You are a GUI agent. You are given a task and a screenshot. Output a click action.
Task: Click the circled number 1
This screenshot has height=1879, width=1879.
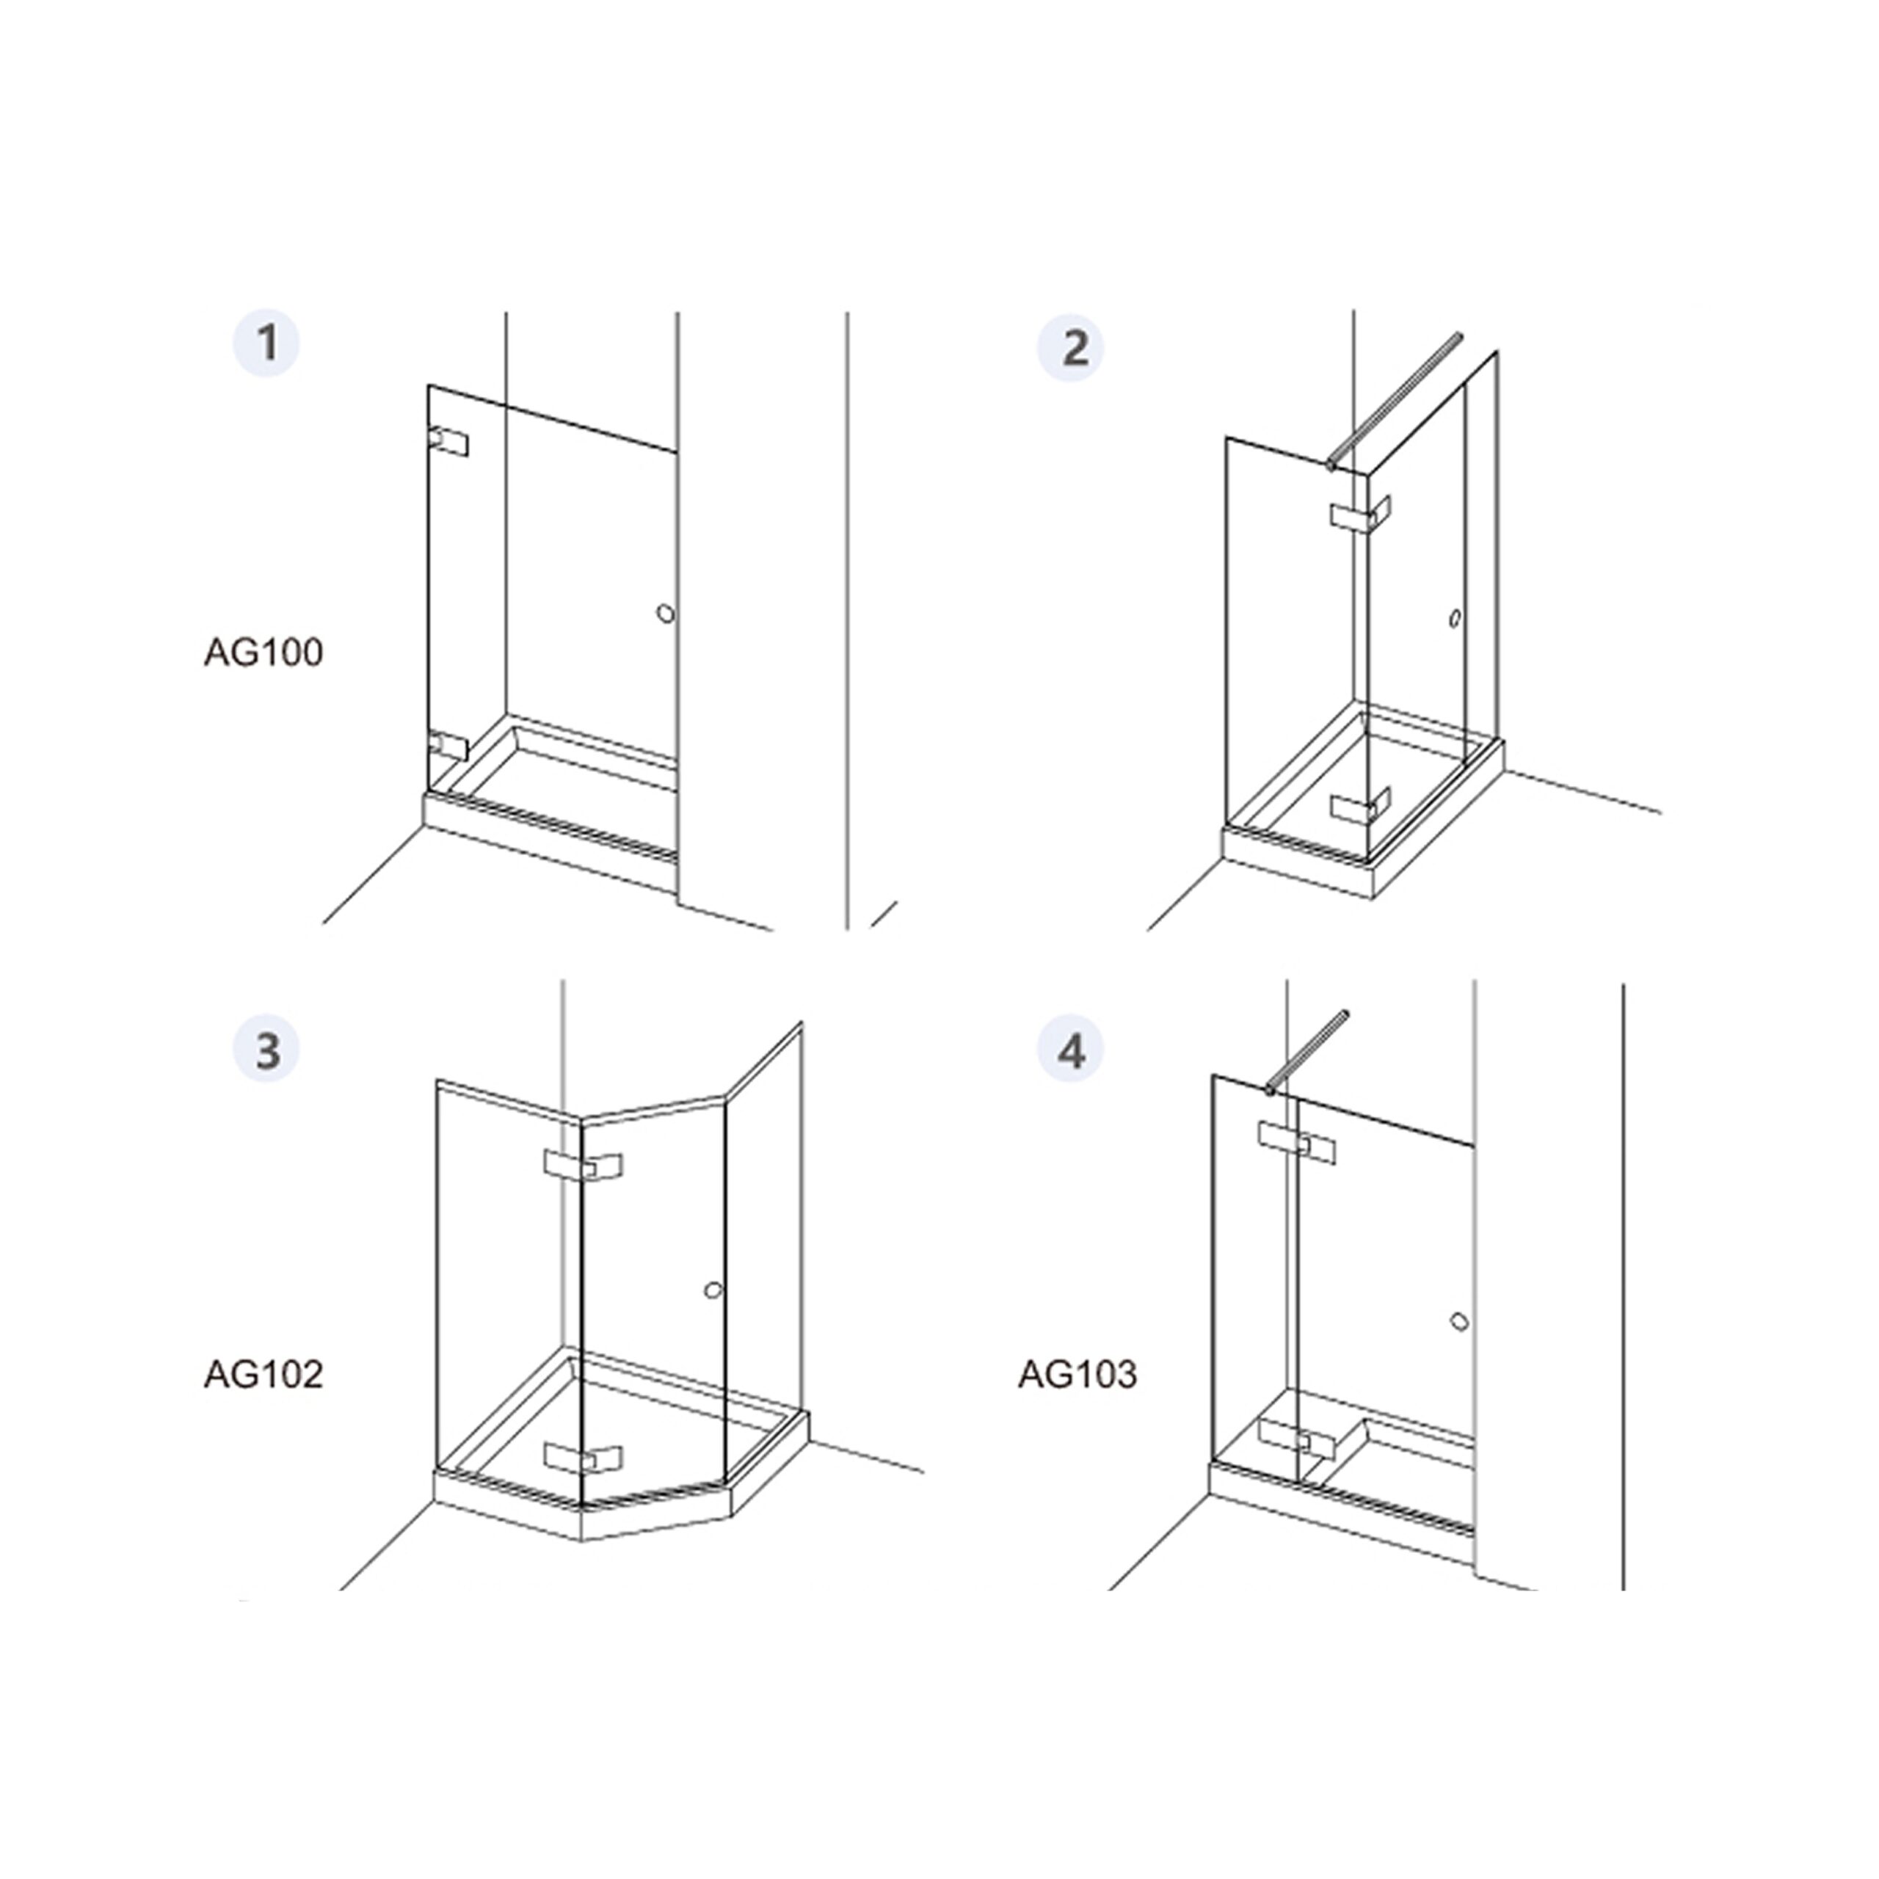click(x=266, y=342)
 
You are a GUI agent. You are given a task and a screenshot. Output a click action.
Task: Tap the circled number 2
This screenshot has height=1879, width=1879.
click(x=1072, y=347)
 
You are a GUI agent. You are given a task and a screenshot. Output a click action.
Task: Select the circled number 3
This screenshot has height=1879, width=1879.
click(x=266, y=1051)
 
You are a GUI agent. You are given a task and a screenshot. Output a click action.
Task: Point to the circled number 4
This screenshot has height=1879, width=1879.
click(x=1072, y=1051)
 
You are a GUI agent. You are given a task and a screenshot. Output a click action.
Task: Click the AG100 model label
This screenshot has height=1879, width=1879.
click(x=263, y=653)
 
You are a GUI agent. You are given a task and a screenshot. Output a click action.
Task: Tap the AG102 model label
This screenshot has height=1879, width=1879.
click(x=263, y=1374)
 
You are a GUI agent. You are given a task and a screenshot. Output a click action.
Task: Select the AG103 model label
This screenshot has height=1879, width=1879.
click(x=1077, y=1374)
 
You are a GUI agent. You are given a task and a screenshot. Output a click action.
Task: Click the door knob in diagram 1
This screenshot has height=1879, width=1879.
click(x=665, y=614)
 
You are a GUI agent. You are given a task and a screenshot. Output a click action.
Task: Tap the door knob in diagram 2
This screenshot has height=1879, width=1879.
click(x=1455, y=619)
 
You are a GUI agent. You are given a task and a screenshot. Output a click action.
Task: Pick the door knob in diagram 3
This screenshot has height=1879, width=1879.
click(x=713, y=1290)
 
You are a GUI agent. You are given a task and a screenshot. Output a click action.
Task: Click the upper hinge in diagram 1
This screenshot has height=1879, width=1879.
click(x=448, y=442)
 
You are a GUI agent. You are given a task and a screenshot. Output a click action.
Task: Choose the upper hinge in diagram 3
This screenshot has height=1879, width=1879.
click(x=584, y=1167)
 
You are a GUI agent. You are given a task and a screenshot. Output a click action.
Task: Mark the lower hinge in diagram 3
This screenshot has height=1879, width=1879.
click(x=584, y=1457)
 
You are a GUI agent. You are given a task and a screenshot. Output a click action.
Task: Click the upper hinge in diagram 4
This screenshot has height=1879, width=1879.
click(x=1296, y=1142)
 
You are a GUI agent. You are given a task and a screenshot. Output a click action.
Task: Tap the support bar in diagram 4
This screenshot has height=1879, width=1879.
click(x=1306, y=1053)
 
